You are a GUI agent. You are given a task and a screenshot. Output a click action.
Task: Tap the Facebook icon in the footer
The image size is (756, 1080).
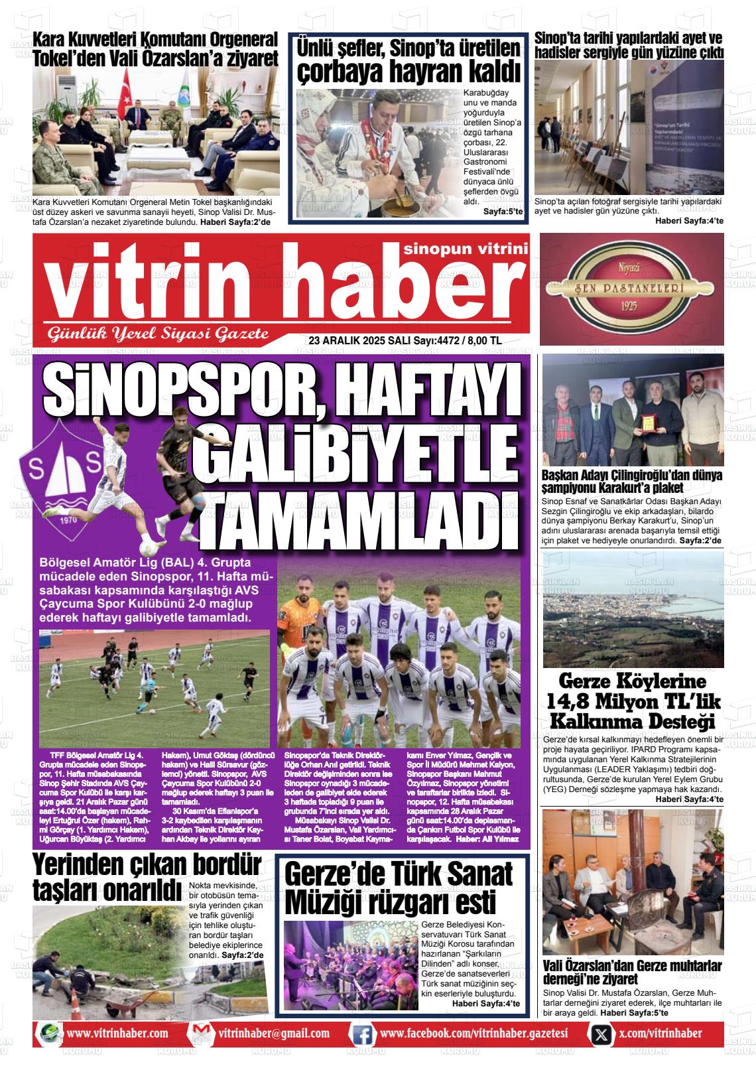(362, 1033)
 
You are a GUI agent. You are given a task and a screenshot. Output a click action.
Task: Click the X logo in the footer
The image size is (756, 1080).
(601, 1034)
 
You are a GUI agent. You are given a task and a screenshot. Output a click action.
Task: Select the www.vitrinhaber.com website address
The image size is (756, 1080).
(117, 1034)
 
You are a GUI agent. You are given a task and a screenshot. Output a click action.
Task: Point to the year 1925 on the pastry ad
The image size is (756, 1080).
(629, 306)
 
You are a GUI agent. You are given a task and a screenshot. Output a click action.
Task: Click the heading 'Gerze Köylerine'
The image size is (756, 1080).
(633, 682)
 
